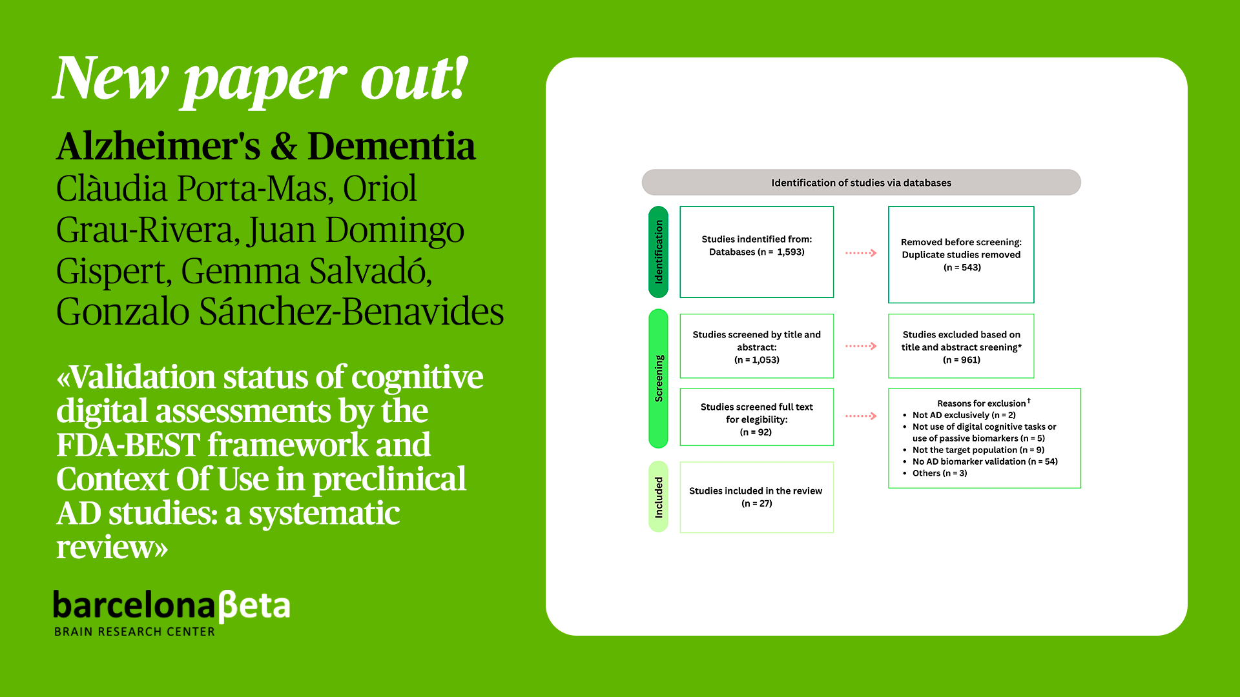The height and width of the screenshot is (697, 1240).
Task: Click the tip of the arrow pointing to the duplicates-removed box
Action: (876, 253)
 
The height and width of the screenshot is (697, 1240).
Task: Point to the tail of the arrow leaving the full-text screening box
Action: (846, 416)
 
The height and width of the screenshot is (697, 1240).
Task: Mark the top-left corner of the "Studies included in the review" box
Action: (680, 462)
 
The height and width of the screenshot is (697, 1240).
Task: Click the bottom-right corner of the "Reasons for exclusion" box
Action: (1080, 488)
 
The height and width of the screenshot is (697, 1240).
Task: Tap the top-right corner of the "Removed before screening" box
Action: (1034, 207)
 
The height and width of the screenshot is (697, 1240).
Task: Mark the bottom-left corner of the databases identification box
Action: (680, 298)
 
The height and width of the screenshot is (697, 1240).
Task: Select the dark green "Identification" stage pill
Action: (658, 252)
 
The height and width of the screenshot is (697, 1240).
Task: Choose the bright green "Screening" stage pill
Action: (658, 378)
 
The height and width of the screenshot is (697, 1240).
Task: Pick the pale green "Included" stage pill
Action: (658, 497)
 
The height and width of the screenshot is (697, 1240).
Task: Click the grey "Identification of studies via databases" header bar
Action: (861, 183)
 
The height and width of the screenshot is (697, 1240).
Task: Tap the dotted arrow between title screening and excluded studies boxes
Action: (861, 347)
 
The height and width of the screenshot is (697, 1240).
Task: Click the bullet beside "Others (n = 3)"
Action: (905, 474)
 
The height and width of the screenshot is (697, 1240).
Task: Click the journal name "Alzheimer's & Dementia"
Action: (265, 146)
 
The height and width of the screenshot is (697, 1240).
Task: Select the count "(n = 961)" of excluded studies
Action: (962, 360)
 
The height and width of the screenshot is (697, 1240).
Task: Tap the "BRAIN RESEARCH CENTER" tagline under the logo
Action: (134, 632)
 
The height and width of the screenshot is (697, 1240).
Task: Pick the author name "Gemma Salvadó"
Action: (306, 271)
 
